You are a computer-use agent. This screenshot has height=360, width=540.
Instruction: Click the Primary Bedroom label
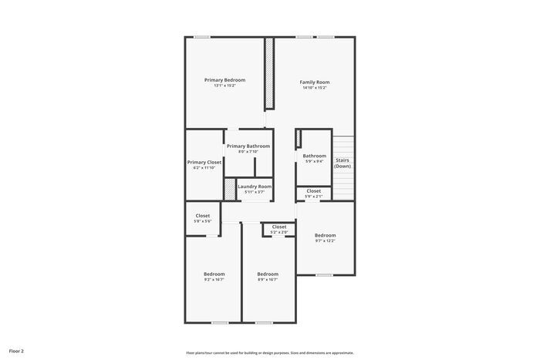coord(224,80)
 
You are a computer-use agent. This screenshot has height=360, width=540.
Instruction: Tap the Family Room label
coord(315,82)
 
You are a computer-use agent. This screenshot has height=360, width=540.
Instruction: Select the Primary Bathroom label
coord(248,146)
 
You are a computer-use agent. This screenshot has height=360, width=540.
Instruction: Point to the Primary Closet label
coord(204,162)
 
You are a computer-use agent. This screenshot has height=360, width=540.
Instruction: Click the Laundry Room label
coord(255,187)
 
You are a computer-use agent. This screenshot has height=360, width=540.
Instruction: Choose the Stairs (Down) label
coord(343,163)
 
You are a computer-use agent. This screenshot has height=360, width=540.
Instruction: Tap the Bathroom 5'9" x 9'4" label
coord(315,156)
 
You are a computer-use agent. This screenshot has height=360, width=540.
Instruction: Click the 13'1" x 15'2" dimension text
coord(224,86)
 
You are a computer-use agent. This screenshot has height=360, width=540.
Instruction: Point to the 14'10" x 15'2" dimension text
coord(315,88)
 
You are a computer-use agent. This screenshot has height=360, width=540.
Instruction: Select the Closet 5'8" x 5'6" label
coord(203,216)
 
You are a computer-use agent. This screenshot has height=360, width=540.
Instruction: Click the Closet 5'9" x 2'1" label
coord(314,190)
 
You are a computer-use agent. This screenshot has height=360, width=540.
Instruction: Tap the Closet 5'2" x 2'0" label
coord(279,227)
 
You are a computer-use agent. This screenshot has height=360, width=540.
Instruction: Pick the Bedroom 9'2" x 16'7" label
coord(214,274)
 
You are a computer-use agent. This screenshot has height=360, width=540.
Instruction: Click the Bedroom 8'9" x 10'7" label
coord(268,274)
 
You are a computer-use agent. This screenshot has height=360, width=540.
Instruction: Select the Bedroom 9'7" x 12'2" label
coord(326,235)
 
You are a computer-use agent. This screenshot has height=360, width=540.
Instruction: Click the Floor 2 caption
coord(16,351)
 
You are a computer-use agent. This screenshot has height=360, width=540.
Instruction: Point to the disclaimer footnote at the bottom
coord(269,352)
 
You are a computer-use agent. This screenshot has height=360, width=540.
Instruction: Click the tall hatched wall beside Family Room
coord(270,74)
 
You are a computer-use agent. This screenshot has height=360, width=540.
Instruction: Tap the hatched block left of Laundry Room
coord(229,189)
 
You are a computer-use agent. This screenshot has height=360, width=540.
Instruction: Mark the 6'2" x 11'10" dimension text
coord(204,167)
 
